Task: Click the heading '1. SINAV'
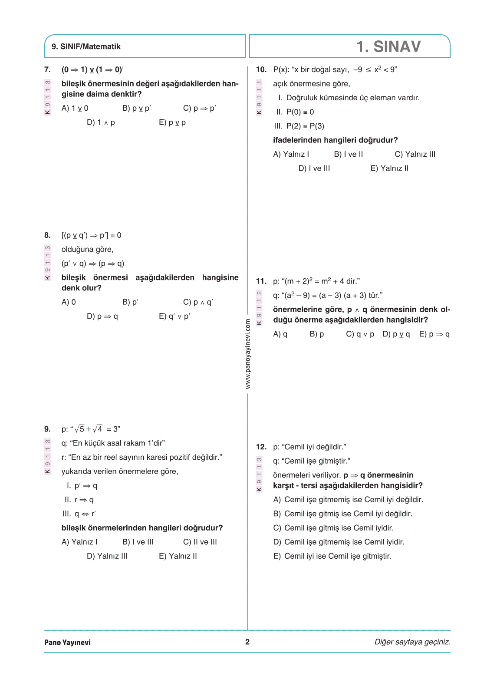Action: pos(388,46)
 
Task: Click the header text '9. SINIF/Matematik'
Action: pos(86,46)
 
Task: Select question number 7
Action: pos(47,69)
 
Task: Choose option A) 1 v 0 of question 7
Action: pos(75,108)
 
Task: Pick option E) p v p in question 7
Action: pos(172,122)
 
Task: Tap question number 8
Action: pos(47,235)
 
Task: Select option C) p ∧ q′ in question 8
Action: pos(198,302)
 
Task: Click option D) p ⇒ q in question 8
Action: pos(102,316)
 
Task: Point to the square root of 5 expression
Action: pos(79,429)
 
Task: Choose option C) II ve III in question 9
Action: pos(200,542)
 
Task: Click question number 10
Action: pos(261,69)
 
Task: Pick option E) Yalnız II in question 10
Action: pos(389,168)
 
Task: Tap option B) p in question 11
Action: pos(316,334)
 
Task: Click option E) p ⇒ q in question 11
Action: pos(434,334)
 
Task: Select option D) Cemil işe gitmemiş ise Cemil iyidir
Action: pos(339,542)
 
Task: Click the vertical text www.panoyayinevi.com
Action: pos(248,354)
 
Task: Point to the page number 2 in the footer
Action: pos(247,642)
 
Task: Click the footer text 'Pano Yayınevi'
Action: pos(67,642)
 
